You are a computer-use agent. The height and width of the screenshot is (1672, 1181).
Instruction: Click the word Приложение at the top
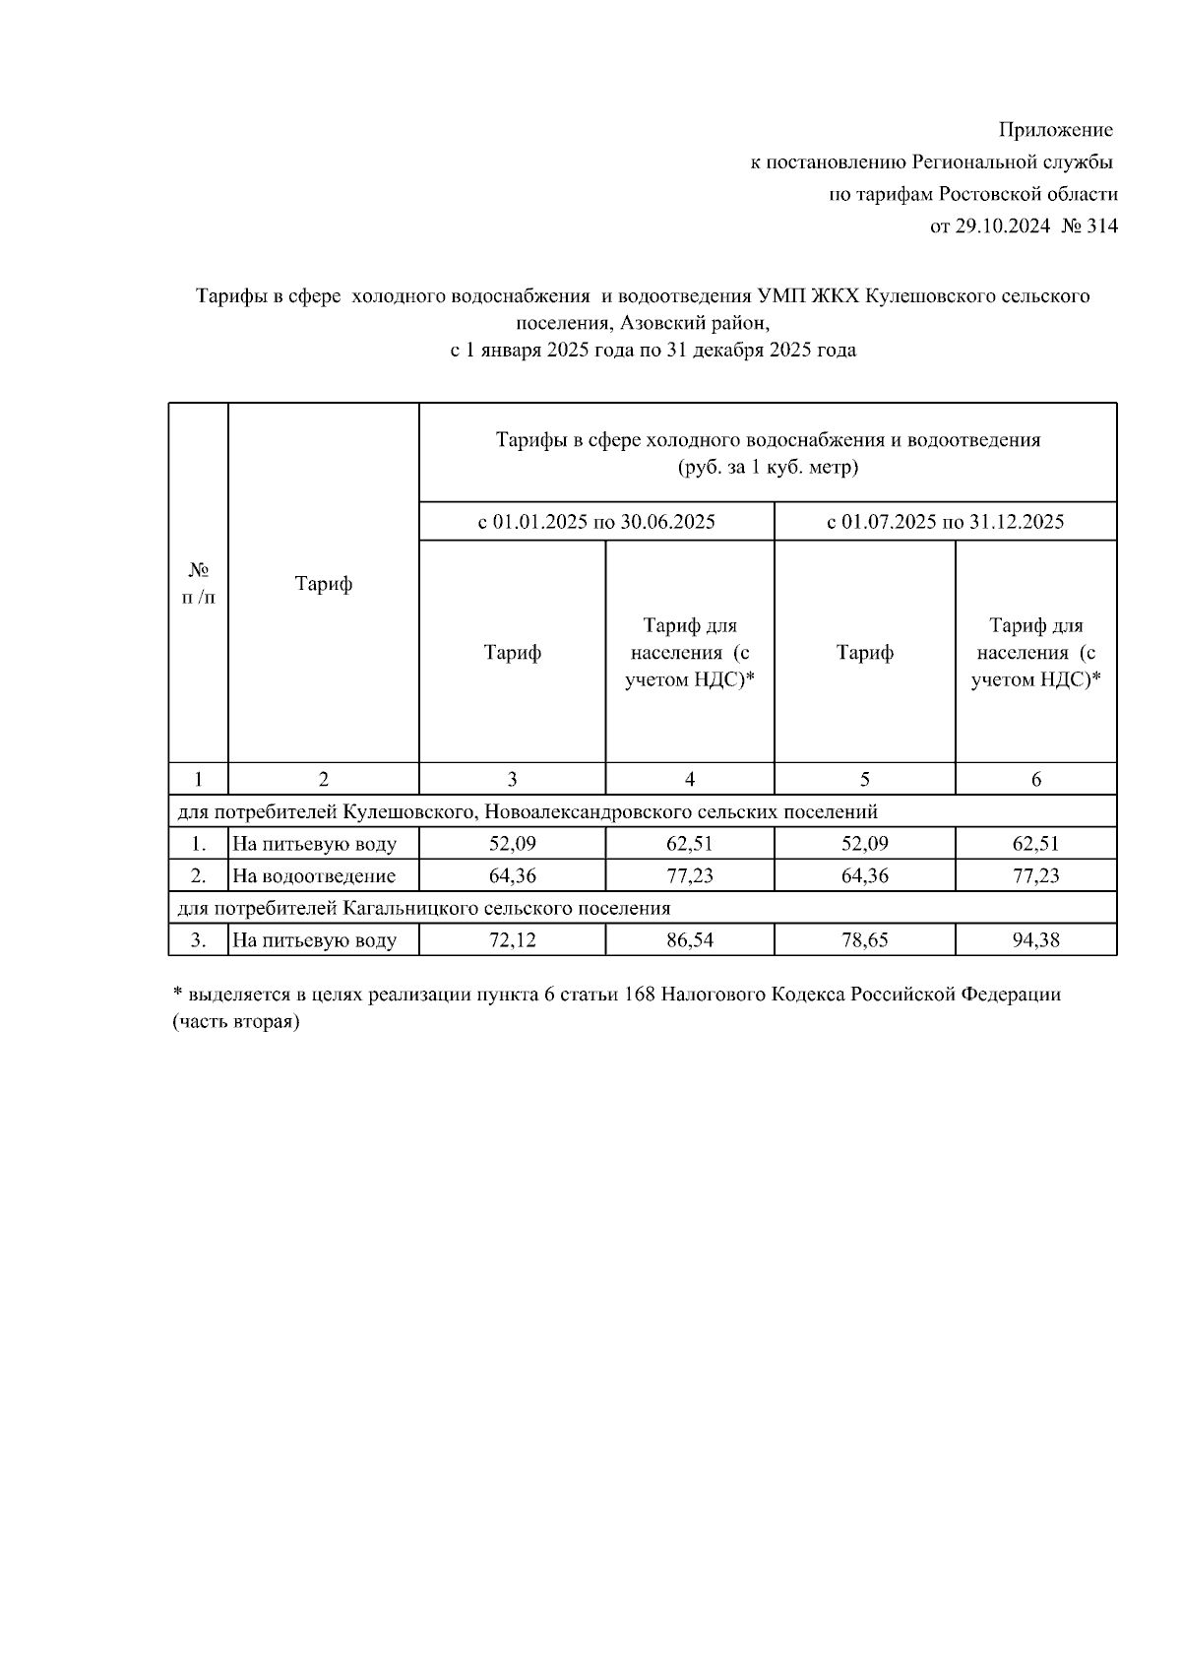tap(1056, 130)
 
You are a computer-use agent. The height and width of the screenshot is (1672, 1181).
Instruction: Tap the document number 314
tap(1102, 226)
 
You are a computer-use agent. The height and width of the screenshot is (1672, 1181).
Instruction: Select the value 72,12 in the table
tap(512, 940)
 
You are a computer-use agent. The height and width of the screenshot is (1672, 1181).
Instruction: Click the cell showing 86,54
tap(689, 940)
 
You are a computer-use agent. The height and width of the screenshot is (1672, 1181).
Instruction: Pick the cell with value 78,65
tap(864, 940)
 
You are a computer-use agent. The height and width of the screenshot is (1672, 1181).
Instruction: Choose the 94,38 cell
tap(1035, 940)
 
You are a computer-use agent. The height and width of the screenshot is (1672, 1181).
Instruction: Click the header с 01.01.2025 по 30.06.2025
tap(596, 522)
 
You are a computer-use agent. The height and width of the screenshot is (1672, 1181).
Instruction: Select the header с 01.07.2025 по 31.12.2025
tap(945, 522)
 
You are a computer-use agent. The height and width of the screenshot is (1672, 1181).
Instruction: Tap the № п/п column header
tap(199, 583)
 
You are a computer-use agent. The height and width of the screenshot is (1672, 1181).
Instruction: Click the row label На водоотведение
tap(314, 876)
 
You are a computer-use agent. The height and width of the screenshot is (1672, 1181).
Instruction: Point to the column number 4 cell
tap(689, 780)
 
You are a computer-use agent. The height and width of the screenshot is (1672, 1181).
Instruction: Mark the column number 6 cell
tap(1035, 780)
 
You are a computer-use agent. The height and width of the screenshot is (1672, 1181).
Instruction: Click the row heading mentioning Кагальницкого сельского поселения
tap(423, 908)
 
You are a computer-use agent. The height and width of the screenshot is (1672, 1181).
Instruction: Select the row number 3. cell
tap(199, 940)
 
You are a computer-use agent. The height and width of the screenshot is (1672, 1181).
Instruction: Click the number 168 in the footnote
tap(640, 995)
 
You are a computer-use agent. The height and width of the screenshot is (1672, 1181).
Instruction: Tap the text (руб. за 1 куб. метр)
tap(768, 467)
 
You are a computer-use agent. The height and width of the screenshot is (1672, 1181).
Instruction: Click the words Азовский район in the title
tap(693, 322)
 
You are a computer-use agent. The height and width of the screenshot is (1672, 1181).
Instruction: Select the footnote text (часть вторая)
tap(236, 1022)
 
